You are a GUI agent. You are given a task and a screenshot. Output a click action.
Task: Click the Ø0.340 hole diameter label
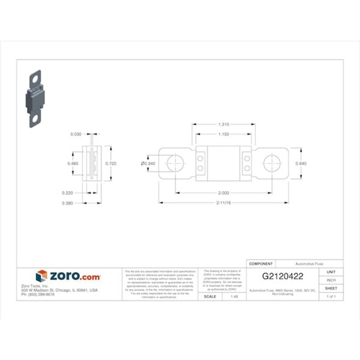coord(148,164)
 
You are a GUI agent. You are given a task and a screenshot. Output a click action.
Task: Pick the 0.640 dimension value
coord(301,164)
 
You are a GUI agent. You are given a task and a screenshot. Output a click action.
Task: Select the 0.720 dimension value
coord(111,164)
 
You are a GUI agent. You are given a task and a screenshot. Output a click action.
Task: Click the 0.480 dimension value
coord(73,164)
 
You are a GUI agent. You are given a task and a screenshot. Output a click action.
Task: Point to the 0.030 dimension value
coord(76,134)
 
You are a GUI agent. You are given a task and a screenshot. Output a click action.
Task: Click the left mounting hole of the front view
coord(176,164)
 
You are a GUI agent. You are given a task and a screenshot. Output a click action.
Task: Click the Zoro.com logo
coord(68,276)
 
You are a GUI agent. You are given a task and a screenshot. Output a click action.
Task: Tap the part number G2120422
coord(283,276)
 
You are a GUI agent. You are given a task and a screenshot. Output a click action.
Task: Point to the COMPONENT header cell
coord(262,264)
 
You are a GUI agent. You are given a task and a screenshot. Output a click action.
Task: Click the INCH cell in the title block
coord(331,280)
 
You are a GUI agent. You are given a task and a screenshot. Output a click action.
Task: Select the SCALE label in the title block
coord(210,296)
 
